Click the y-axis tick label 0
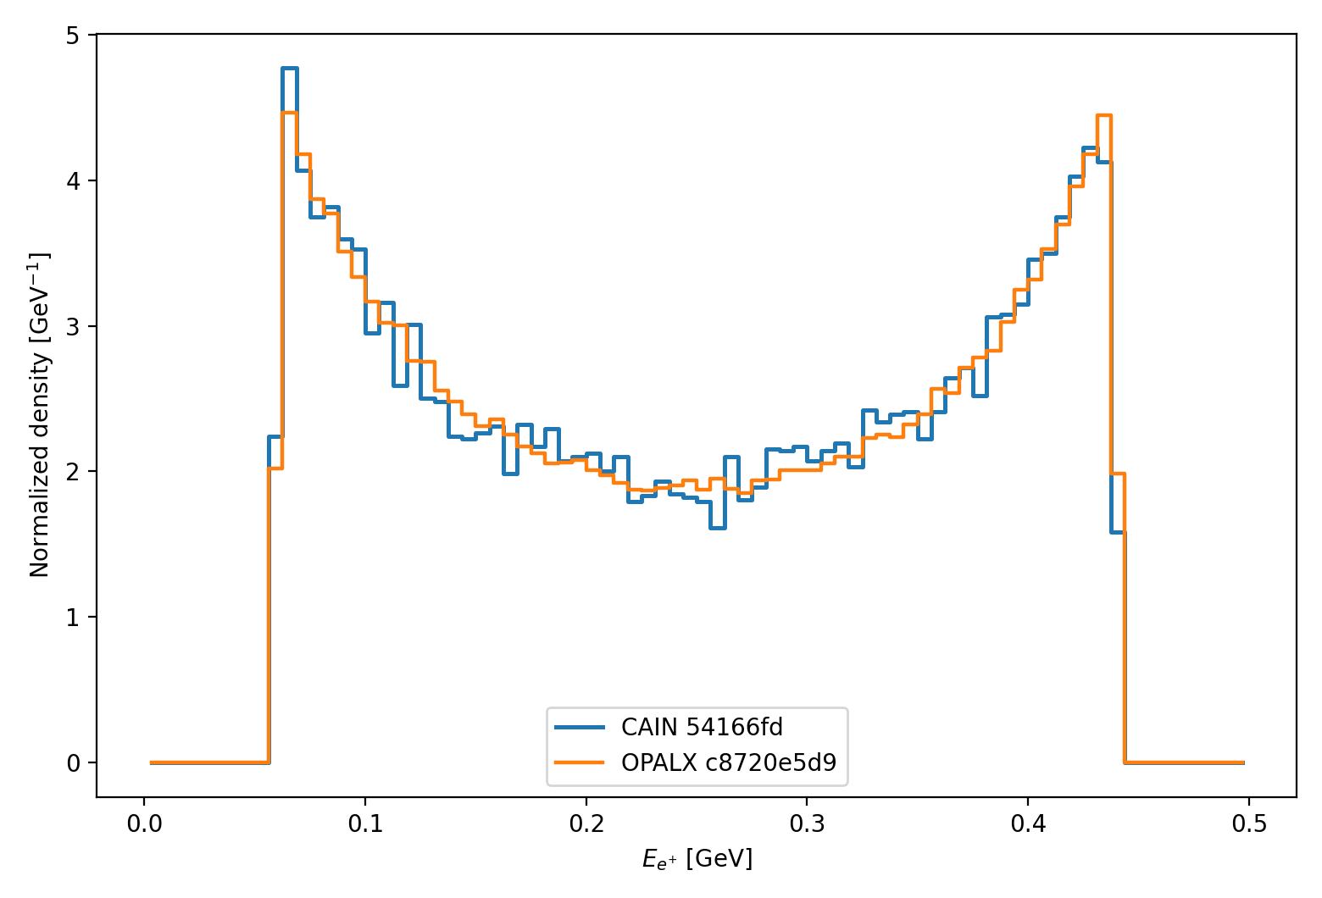pyautogui.click(x=75, y=762)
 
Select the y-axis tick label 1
pyautogui.click(x=75, y=617)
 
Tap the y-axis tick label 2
pyautogui.click(x=75, y=471)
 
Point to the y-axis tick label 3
pyautogui.click(x=75, y=326)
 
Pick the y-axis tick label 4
pyautogui.click(x=75, y=180)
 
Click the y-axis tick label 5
pyautogui.click(x=75, y=36)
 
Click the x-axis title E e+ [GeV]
pyautogui.click(x=697, y=860)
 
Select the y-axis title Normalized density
pyautogui.click(x=40, y=415)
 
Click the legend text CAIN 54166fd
pyautogui.click(x=702, y=727)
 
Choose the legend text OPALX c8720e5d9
pyautogui.click(x=729, y=762)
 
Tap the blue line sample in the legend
pyautogui.click(x=580, y=727)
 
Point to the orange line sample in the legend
pyautogui.click(x=580, y=762)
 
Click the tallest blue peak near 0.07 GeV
pyautogui.click(x=289, y=68)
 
